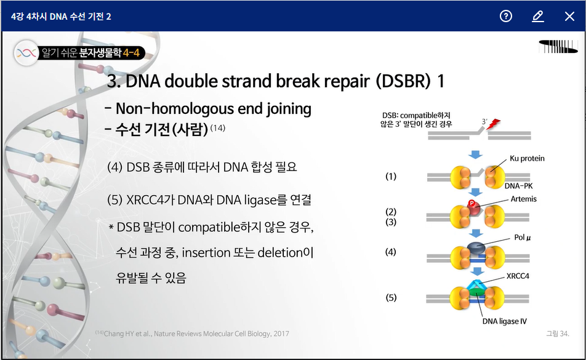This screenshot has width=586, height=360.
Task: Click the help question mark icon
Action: click(505, 16)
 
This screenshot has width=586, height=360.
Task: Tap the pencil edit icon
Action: click(538, 16)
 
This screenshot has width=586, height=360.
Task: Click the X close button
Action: click(569, 16)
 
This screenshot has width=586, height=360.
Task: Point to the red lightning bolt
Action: click(493, 124)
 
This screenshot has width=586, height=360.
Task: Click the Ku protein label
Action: click(527, 158)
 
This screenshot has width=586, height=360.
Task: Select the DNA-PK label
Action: click(518, 186)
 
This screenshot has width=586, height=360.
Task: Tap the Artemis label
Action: click(524, 199)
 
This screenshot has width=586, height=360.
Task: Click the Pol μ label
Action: click(523, 238)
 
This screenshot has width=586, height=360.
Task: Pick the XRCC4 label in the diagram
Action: click(518, 276)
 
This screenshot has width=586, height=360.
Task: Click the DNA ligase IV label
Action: click(505, 321)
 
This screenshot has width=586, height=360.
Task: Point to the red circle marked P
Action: click(472, 204)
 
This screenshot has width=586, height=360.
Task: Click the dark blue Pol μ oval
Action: click(476, 247)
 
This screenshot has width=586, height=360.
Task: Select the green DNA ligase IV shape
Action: click(476, 292)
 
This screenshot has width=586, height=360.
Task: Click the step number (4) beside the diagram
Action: click(390, 252)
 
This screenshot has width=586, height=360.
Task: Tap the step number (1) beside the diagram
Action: click(391, 176)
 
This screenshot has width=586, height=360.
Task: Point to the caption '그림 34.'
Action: click(558, 334)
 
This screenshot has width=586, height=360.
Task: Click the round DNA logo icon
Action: click(26, 54)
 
